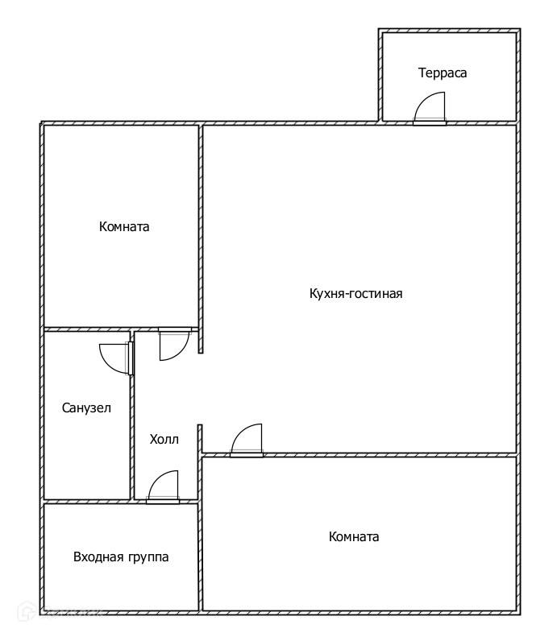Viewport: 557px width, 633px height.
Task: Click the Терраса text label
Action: point(443,72)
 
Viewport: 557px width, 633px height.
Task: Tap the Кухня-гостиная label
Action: point(355,293)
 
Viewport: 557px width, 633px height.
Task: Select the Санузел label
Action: point(86,408)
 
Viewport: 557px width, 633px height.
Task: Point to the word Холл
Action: point(164,440)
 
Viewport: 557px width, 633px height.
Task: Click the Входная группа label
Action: point(121,556)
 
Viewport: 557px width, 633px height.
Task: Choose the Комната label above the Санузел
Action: point(124,226)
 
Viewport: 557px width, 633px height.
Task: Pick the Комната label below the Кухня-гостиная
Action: point(354,536)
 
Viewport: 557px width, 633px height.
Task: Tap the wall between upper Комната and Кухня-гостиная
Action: point(201,225)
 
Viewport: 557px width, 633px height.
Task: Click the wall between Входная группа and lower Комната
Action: point(201,556)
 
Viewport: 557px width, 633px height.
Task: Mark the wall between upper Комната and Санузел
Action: point(87,329)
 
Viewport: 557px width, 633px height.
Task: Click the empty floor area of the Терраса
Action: point(476,97)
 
